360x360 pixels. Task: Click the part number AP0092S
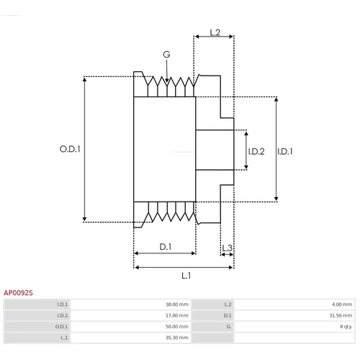(18, 293)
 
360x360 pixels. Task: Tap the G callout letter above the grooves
(166, 55)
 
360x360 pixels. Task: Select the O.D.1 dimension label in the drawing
(70, 149)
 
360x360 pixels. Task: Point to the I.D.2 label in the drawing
(256, 151)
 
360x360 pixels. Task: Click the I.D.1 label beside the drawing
(285, 151)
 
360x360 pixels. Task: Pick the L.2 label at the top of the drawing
(215, 32)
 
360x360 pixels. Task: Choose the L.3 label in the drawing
(227, 248)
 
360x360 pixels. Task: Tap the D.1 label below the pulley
(166, 247)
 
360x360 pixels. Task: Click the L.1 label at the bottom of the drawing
(186, 276)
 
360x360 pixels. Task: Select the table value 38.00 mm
(177, 305)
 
